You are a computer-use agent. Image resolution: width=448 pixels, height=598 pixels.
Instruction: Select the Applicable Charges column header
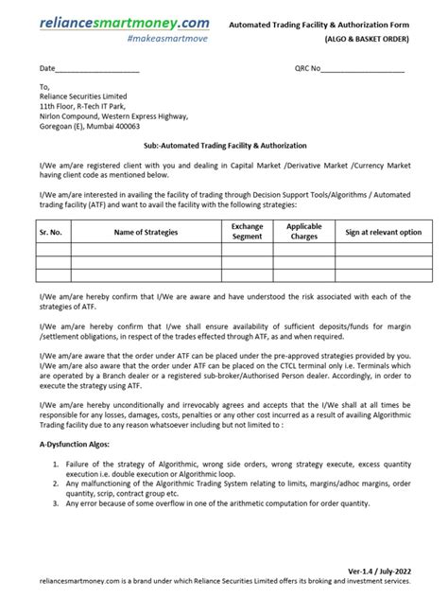[303, 232]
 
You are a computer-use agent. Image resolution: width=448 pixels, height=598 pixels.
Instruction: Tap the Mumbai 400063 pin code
[132, 126]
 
